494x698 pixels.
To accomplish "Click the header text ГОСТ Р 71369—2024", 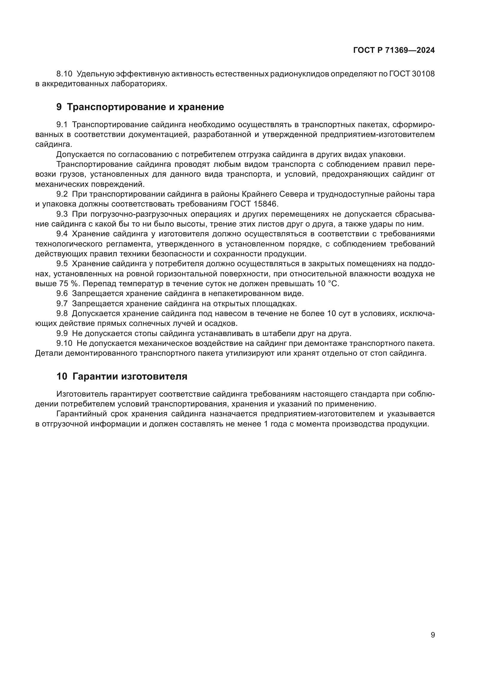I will click(x=394, y=50).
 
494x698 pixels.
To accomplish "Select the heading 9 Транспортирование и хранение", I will click(x=140, y=107).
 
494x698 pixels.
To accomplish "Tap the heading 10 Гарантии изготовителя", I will click(x=122, y=376).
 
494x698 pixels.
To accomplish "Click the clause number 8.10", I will click(x=64, y=74).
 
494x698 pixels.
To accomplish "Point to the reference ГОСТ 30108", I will click(x=412, y=74).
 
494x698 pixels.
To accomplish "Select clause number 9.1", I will click(x=62, y=125).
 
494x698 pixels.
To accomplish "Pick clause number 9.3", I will click(x=62, y=214).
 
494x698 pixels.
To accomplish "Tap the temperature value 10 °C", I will click(x=327, y=283).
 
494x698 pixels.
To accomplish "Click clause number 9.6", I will click(x=62, y=294).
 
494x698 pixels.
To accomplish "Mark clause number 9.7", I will click(x=62, y=304).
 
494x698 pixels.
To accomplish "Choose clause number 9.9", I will click(x=62, y=334).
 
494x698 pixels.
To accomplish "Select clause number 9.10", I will click(x=64, y=343).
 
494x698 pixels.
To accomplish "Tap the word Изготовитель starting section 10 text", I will click(x=82, y=394).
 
